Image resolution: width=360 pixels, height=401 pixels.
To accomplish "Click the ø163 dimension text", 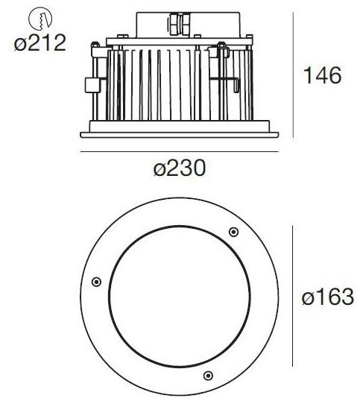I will tap(327, 297).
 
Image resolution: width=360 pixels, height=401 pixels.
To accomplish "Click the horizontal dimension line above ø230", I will tap(179, 152).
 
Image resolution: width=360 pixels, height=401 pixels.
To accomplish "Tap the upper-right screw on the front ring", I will tap(233, 232).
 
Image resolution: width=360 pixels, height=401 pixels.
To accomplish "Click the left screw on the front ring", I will tap(95, 281).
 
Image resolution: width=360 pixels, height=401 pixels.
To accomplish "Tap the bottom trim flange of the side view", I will tap(179, 134).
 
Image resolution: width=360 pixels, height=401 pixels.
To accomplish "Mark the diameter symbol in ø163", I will tap(308, 298).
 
